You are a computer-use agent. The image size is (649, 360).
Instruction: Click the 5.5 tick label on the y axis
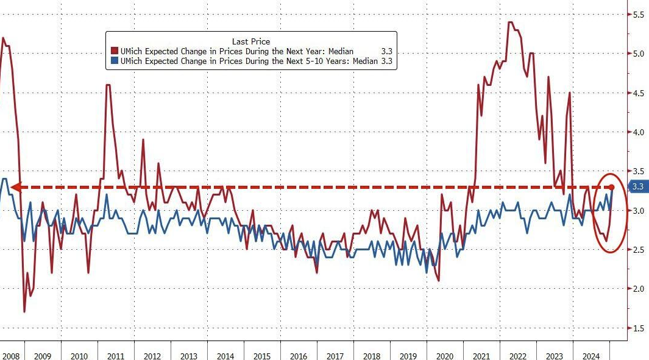coord(638,14)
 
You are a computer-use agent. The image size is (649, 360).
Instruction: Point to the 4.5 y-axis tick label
coord(638,93)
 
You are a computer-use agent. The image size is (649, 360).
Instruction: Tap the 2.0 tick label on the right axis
coord(638,289)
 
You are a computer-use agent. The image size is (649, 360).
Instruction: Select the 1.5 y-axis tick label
coord(638,328)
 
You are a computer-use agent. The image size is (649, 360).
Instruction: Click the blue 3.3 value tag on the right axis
coord(638,187)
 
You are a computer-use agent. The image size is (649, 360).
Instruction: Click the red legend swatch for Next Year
coord(113,51)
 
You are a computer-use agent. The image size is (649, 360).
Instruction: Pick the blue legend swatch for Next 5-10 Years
coord(113,62)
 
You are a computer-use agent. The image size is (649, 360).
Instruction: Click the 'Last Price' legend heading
coord(251,41)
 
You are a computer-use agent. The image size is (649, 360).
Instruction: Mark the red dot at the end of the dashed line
coord(612,186)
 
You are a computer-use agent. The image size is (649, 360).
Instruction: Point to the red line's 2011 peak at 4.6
coord(108,85)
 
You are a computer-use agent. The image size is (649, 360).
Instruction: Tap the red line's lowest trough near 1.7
coord(24,312)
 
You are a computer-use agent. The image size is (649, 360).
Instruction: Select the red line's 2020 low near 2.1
coord(439,280)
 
